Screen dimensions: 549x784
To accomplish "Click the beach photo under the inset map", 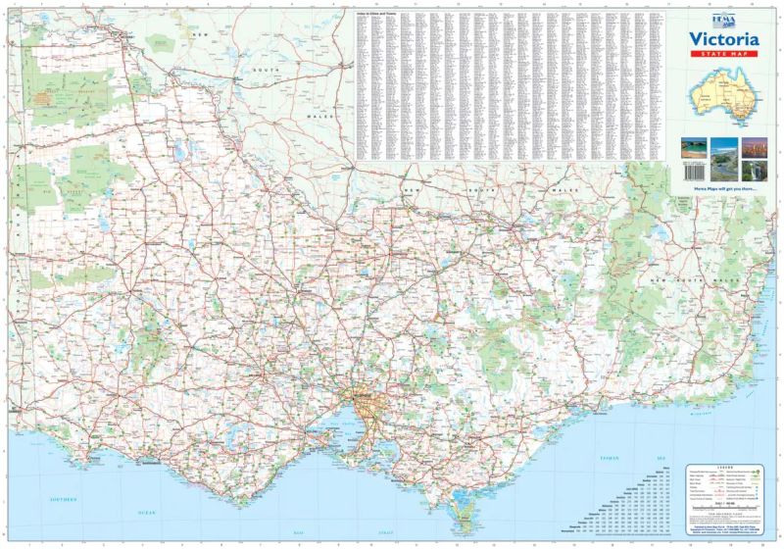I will [694, 147].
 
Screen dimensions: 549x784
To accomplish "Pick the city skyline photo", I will [754, 147].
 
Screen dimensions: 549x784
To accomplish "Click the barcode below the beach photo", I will [694, 171].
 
